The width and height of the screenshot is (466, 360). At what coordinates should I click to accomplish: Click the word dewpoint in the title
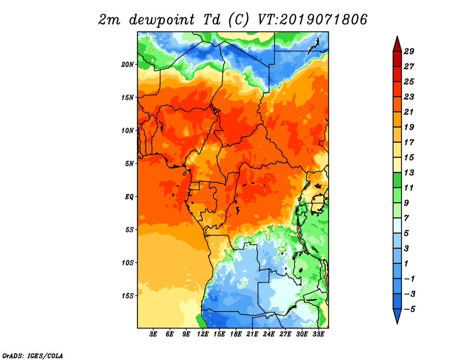[162, 20]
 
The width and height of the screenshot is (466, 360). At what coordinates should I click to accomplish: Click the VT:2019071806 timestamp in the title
[312, 20]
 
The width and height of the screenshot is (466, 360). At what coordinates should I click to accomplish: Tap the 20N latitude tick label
[128, 65]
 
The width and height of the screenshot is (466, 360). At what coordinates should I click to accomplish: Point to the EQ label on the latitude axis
[129, 197]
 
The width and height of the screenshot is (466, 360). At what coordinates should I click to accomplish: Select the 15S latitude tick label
[128, 296]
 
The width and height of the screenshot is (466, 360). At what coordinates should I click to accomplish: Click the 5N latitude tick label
[129, 164]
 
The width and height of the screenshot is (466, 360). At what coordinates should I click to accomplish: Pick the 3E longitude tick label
[153, 334]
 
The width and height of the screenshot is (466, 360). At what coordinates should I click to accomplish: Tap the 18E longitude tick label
[236, 334]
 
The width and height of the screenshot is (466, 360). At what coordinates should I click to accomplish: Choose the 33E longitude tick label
[318, 334]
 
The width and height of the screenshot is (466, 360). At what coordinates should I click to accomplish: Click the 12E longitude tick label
[203, 334]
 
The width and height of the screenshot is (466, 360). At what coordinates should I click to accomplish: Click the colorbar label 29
[409, 51]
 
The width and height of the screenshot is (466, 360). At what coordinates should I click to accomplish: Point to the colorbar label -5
[409, 309]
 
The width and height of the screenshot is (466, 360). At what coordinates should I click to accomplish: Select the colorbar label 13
[409, 172]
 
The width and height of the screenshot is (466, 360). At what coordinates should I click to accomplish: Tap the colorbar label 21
[409, 112]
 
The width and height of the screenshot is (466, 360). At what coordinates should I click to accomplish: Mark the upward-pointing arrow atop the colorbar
[397, 44]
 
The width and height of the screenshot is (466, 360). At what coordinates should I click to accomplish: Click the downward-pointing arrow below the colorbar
[397, 316]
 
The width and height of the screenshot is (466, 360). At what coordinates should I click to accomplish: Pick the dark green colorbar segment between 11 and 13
[397, 180]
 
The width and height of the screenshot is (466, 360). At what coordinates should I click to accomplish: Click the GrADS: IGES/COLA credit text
[33, 355]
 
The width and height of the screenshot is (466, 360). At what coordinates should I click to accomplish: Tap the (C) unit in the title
[238, 20]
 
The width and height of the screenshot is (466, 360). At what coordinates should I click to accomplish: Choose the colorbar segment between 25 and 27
[397, 74]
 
